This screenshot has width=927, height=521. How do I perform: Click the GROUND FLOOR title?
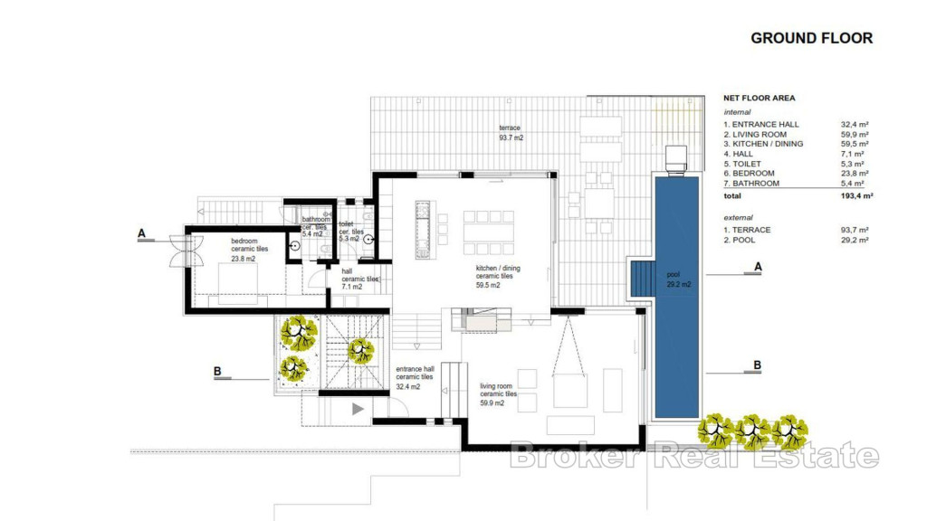[812, 38]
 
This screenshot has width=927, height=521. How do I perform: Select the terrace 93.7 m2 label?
[511, 133]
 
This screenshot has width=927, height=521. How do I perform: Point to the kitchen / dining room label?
[498, 277]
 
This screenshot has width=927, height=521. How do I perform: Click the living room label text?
[499, 394]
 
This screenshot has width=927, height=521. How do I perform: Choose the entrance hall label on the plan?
[415, 377]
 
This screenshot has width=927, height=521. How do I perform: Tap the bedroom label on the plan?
[249, 250]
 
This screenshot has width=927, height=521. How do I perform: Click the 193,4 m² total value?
[856, 195]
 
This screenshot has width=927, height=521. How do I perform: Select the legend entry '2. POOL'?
[739, 240]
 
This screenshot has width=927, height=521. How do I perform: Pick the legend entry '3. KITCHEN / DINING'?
[763, 144]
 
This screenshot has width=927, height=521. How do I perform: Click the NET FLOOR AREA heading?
[760, 98]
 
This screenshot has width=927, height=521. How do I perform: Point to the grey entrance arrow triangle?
[358, 409]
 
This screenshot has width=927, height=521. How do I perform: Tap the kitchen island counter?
[423, 230]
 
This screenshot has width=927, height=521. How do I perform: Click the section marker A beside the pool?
[758, 267]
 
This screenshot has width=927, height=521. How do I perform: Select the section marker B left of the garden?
[217, 372]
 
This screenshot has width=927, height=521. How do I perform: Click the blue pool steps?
[644, 279]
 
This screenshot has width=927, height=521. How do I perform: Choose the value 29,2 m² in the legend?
[855, 240]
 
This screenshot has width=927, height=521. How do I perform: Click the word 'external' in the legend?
[739, 217]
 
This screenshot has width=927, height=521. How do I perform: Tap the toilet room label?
[351, 232]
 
